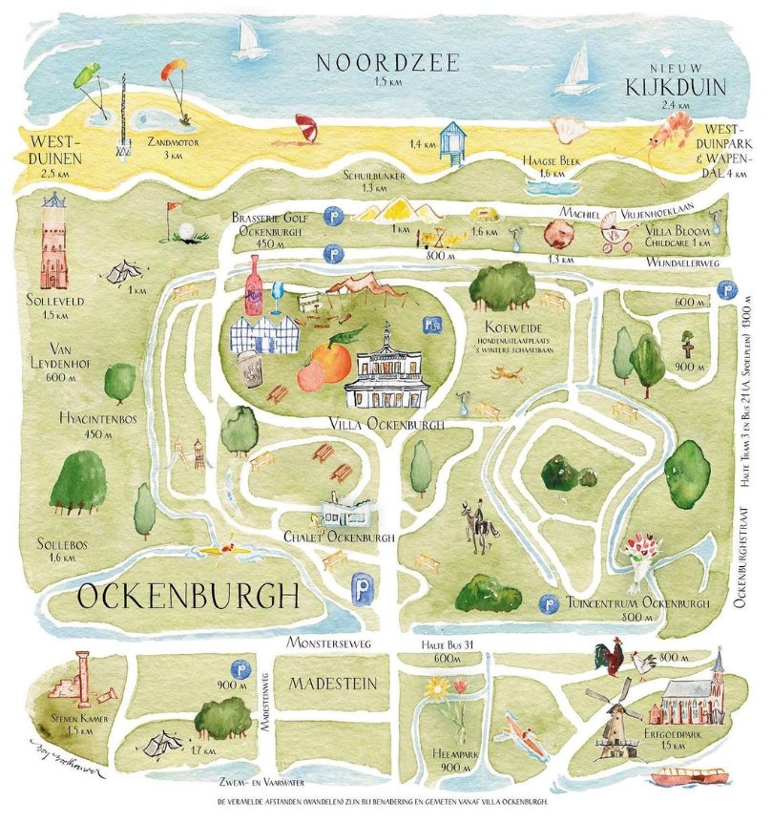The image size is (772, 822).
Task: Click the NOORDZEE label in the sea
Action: coord(387,64)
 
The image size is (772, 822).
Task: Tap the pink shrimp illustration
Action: coord(672,127)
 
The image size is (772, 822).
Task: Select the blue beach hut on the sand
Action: coord(453,139)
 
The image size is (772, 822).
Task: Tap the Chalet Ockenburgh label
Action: coord(339,537)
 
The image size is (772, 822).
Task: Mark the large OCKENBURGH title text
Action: coord(188,599)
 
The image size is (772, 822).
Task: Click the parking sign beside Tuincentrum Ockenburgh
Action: coord(549,603)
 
